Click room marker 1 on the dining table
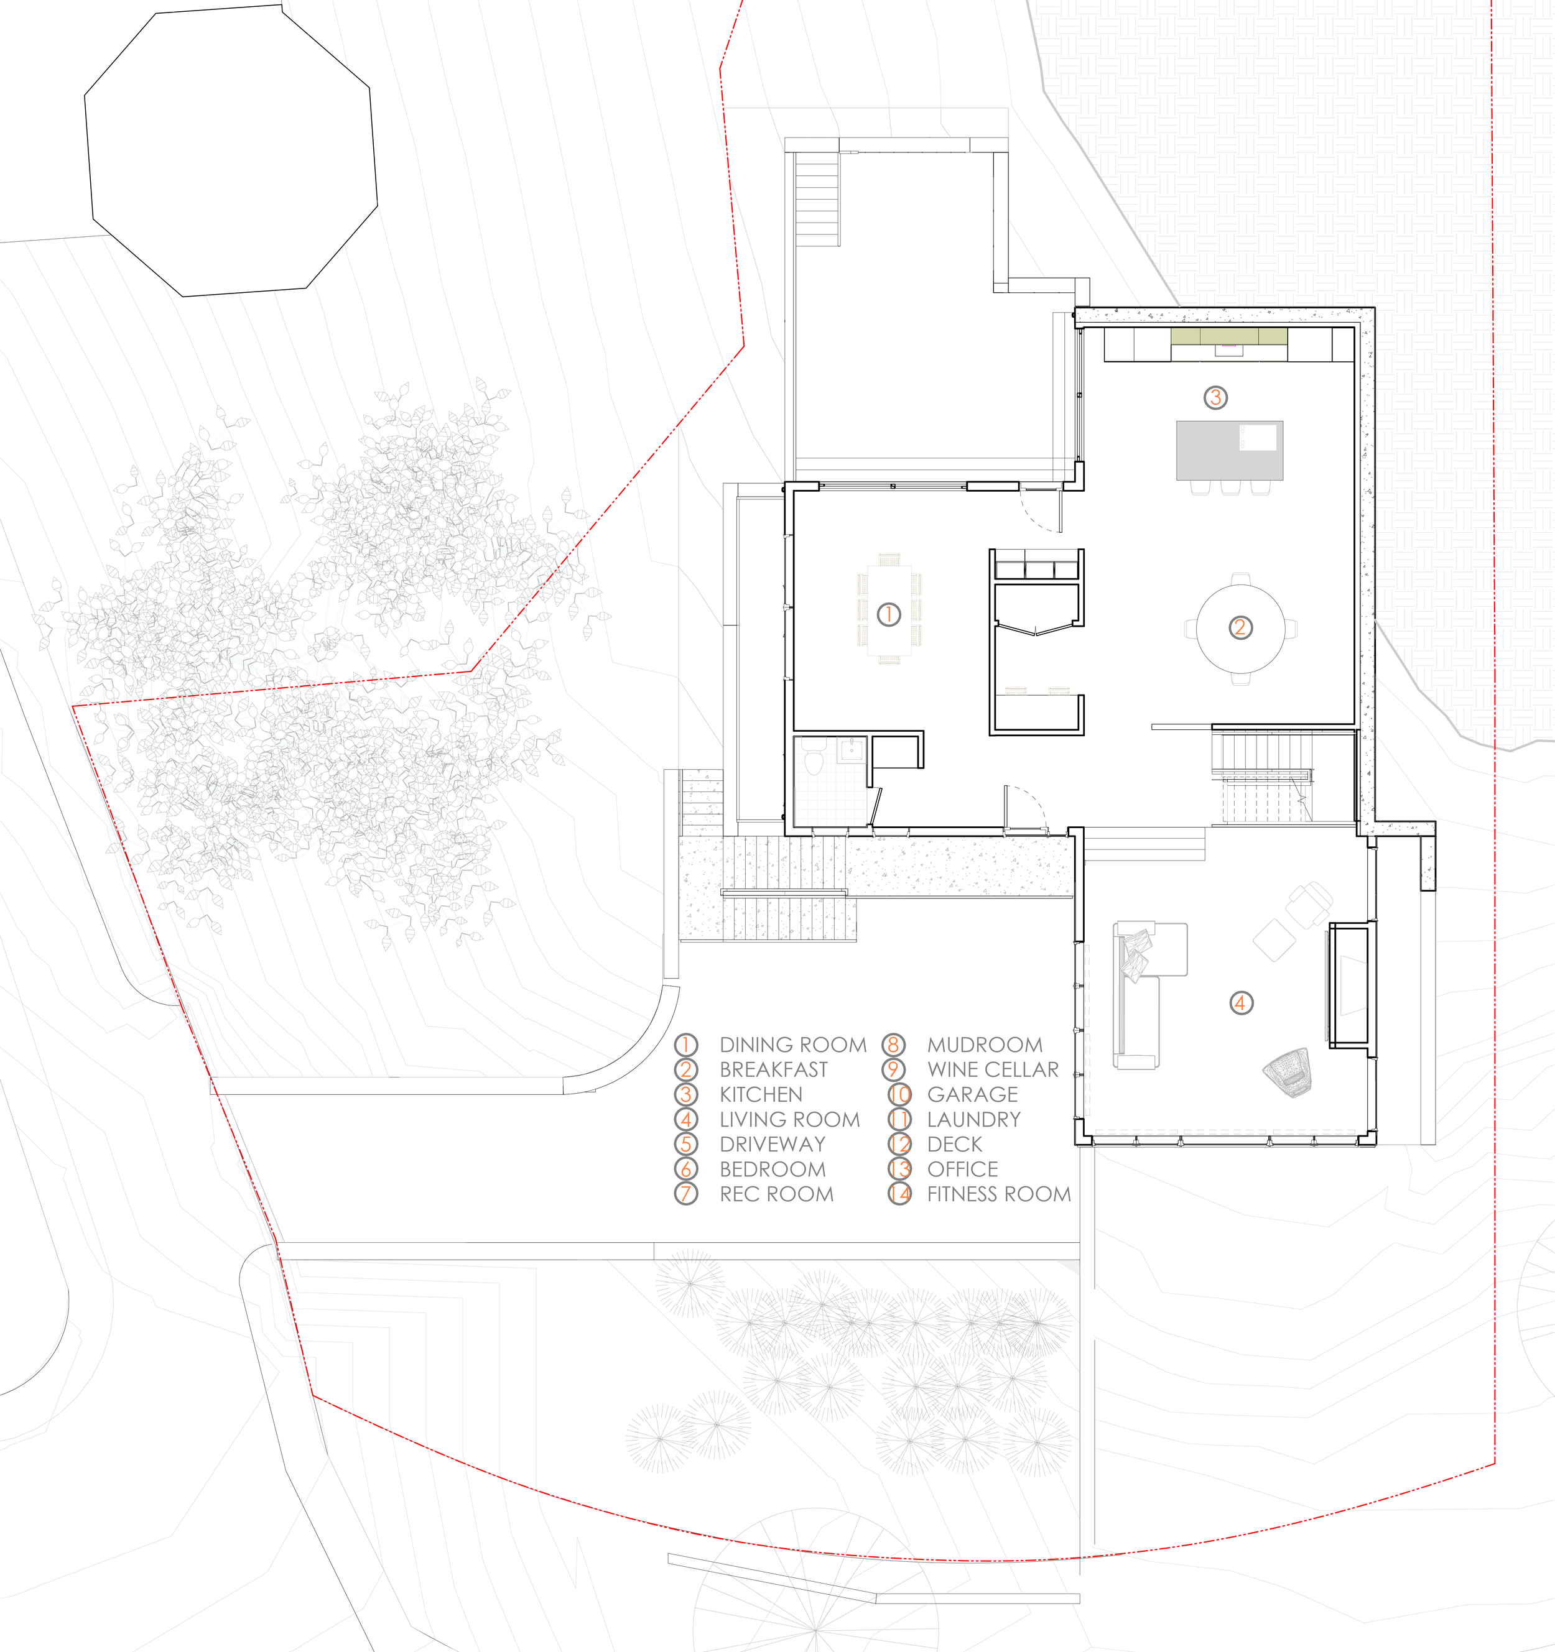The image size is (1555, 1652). pyautogui.click(x=888, y=614)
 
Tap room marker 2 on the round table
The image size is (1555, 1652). pyautogui.click(x=1240, y=627)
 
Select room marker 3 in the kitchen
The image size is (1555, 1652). pyautogui.click(x=1215, y=397)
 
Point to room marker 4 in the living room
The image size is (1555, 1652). pyautogui.click(x=1240, y=1003)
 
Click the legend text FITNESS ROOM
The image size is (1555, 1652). pyautogui.click(x=998, y=1194)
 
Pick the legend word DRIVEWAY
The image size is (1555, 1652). pyautogui.click(x=772, y=1144)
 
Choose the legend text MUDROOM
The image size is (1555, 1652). pyautogui.click(x=984, y=1045)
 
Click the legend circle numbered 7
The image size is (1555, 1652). pyautogui.click(x=685, y=1194)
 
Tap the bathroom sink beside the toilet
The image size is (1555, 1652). pyautogui.click(x=852, y=751)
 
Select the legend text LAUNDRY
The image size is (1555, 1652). pyautogui.click(x=973, y=1119)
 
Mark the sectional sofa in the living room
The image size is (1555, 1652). pyautogui.click(x=1139, y=989)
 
